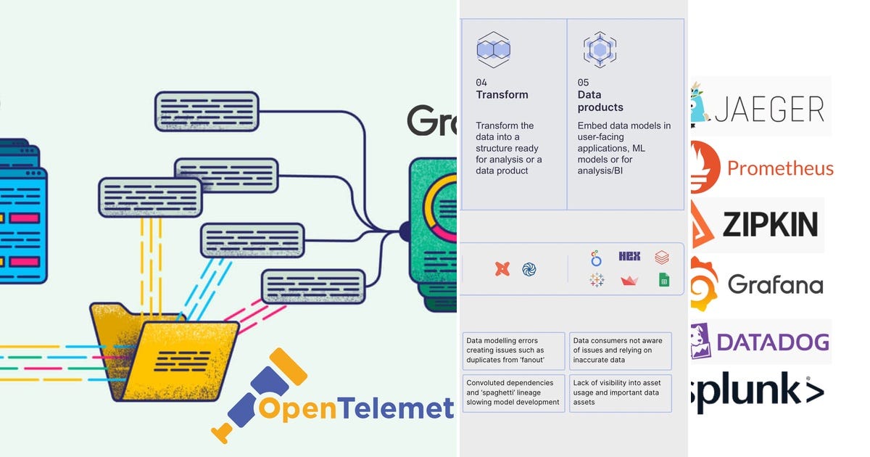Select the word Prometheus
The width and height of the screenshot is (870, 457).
[x=780, y=168]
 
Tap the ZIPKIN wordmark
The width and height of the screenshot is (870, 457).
[x=770, y=224]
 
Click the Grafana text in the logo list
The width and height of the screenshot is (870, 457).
[x=775, y=284]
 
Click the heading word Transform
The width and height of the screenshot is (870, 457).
[x=502, y=95]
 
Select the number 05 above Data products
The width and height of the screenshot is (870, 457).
[x=584, y=83]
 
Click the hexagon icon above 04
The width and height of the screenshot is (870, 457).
[x=493, y=49]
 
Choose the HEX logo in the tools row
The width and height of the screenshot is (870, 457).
[x=629, y=256]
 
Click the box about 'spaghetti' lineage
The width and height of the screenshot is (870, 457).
[x=514, y=392]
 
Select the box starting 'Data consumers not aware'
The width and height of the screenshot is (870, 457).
[x=621, y=350]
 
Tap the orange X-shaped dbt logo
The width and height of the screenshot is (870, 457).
[x=502, y=269]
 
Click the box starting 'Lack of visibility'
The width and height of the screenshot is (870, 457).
[x=621, y=392]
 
